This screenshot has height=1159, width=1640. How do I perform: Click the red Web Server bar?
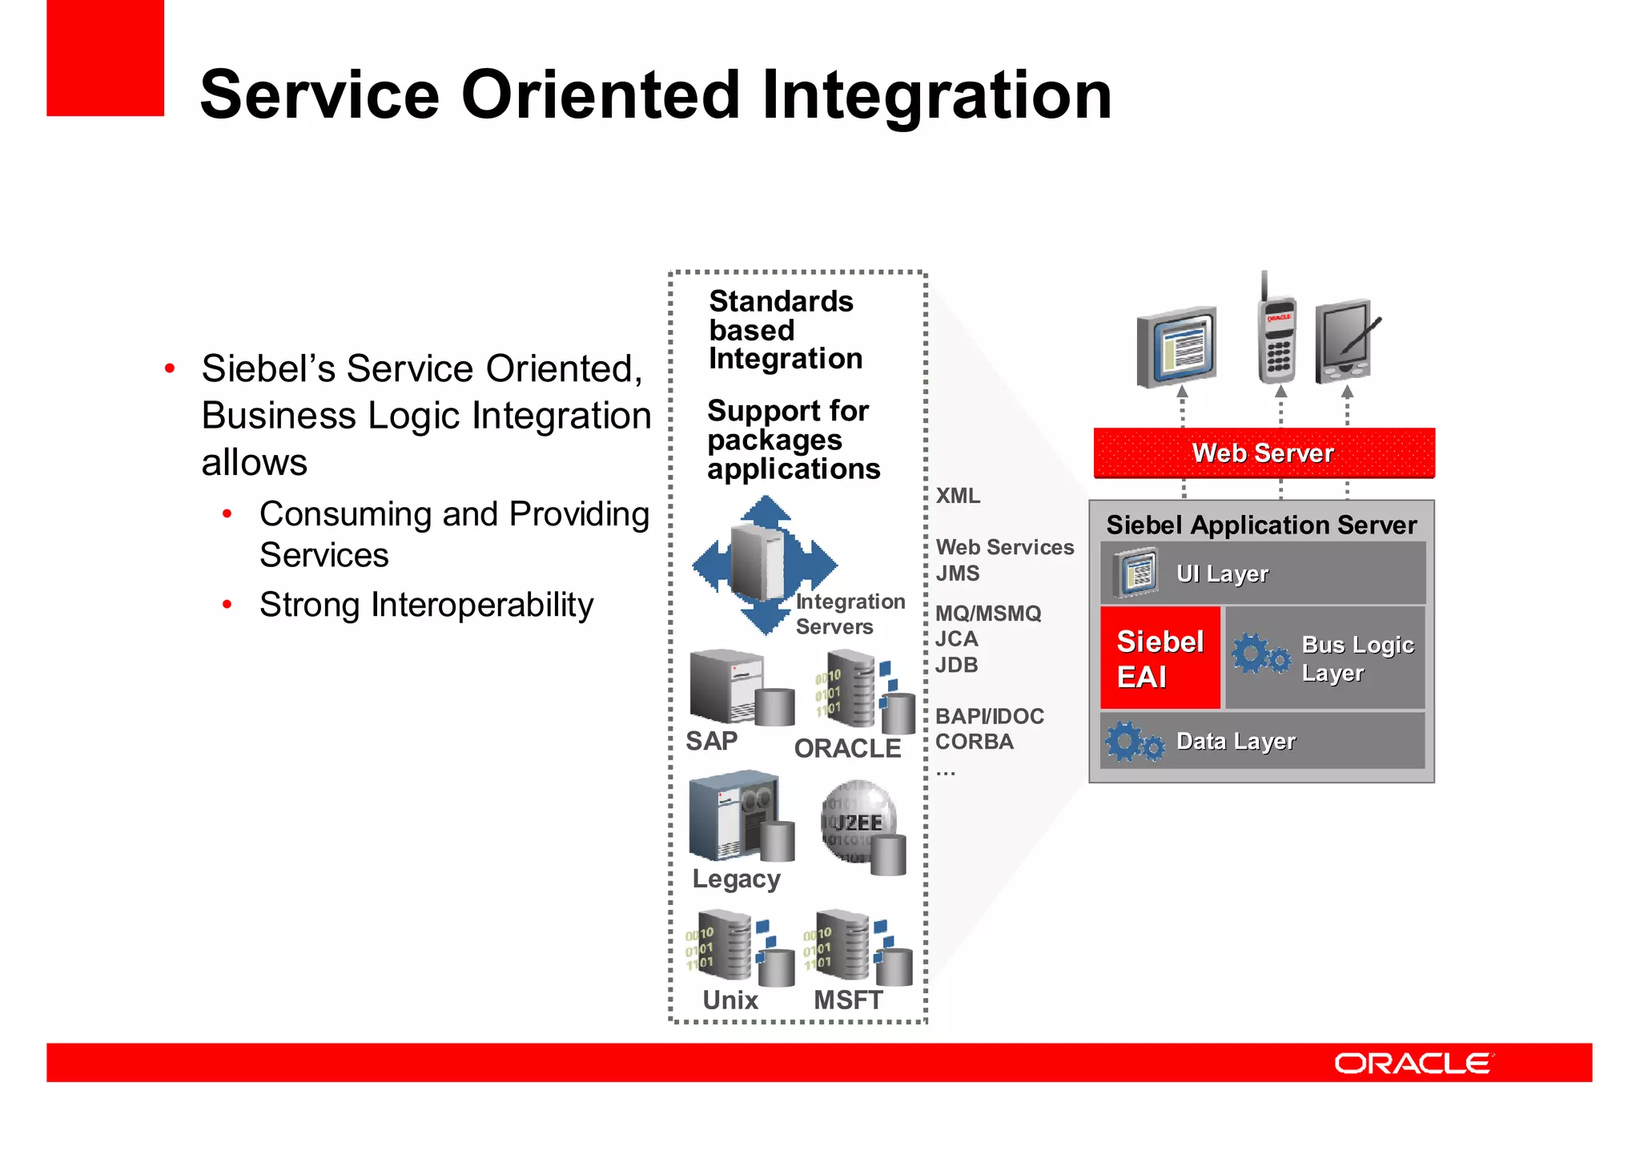click(1264, 453)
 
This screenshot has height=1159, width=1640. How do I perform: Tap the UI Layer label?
click(1222, 573)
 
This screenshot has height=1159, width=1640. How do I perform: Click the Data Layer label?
click(1236, 742)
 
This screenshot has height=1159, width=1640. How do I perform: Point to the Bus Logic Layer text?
click(1357, 658)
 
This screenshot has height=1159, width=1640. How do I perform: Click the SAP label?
click(711, 741)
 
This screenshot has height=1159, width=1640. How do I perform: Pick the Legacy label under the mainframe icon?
click(736, 879)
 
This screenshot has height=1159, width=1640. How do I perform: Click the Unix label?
click(730, 1000)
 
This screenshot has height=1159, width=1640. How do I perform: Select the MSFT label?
click(848, 1000)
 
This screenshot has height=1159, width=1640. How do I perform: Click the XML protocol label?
click(958, 496)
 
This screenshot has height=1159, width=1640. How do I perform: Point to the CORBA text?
click(975, 742)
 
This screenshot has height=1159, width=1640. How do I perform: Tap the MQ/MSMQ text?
click(988, 614)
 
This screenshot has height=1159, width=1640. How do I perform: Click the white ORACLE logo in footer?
click(1413, 1064)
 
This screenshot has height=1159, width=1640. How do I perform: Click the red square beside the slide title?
click(105, 58)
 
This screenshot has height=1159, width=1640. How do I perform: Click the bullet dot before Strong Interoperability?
click(227, 605)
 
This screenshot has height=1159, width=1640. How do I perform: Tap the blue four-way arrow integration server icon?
click(764, 565)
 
